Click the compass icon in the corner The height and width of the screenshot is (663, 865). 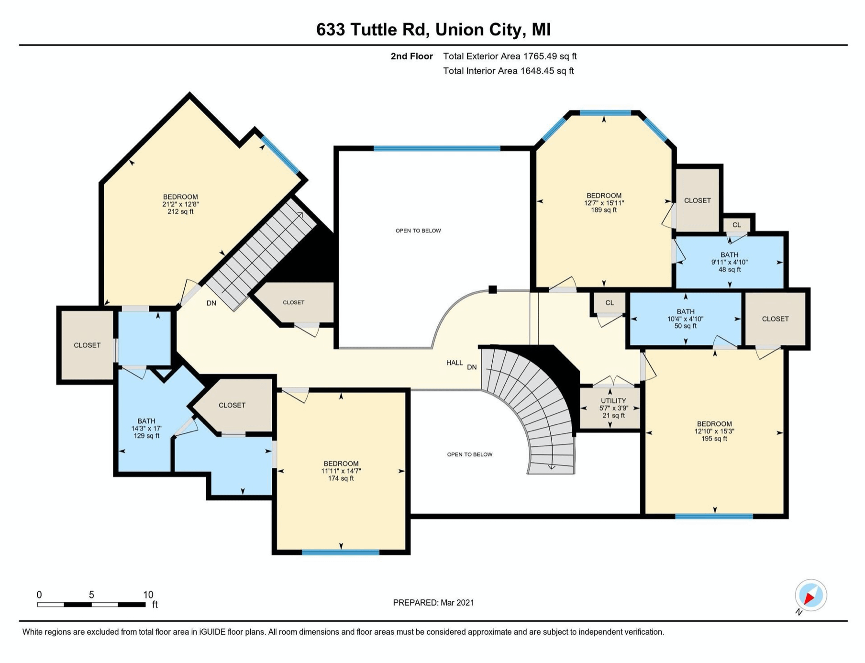coord(810,596)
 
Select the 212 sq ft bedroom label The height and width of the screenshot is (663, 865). coord(180,204)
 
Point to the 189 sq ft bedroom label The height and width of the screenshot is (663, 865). coord(604,203)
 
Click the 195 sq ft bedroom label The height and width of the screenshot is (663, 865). coord(714,431)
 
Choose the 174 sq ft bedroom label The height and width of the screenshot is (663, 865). coord(341,471)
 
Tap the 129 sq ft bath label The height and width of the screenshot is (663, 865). coord(146,429)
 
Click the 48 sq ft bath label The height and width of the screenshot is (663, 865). coord(729,262)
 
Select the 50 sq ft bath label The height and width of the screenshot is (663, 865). coord(685,319)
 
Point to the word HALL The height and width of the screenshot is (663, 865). coord(455,363)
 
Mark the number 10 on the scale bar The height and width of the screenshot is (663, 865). coord(148,595)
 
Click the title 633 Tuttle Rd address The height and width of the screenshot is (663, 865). coord(433,30)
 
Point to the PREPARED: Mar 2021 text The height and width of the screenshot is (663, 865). coord(433,603)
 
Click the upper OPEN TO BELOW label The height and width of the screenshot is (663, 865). coord(418,231)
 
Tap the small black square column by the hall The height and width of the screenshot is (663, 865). coord(493,289)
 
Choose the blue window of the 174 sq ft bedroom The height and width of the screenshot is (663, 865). coord(341,552)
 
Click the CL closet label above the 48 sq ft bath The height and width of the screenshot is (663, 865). coord(736,225)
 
